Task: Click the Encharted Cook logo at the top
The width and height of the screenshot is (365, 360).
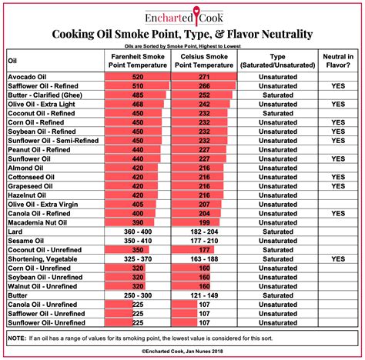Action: tap(182, 16)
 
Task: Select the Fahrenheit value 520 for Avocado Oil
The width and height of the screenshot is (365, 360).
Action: tap(137, 78)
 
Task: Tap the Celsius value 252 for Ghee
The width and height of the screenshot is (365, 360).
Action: tap(205, 95)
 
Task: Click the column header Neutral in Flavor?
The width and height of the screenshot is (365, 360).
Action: tap(337, 61)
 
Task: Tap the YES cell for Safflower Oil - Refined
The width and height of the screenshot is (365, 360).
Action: tap(337, 86)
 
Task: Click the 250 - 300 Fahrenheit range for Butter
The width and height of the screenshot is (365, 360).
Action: tap(137, 294)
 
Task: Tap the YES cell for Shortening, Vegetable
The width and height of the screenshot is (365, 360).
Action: tap(337, 259)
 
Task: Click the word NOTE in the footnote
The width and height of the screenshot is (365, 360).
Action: tap(18, 338)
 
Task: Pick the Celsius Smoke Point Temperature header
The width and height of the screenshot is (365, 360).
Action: tap(205, 61)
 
